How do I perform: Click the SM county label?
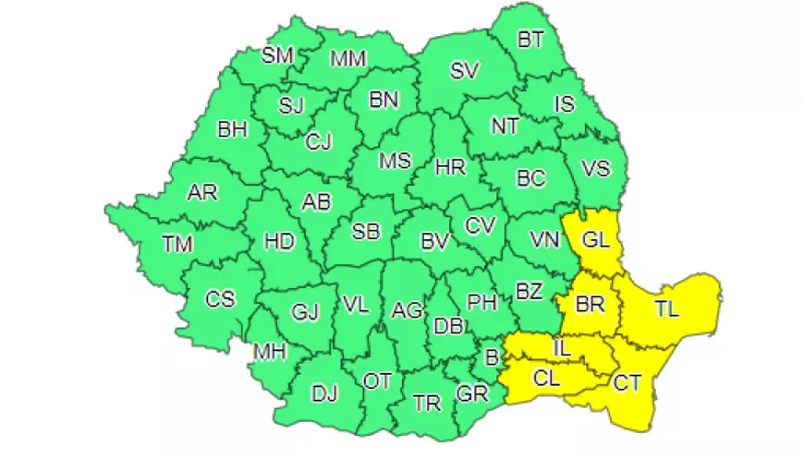(x=277, y=55)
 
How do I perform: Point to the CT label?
(x=628, y=380)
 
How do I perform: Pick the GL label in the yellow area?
(x=595, y=241)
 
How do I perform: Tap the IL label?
(x=562, y=348)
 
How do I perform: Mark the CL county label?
(x=546, y=377)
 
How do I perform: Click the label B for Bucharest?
(x=492, y=355)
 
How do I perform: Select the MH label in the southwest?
(x=271, y=352)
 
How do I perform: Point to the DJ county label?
(x=323, y=395)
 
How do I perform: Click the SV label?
(x=464, y=71)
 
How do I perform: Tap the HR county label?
(x=450, y=168)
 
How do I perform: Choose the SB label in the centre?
(x=366, y=232)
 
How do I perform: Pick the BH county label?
(x=233, y=129)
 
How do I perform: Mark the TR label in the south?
(x=427, y=404)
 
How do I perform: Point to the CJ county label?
(x=319, y=142)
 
